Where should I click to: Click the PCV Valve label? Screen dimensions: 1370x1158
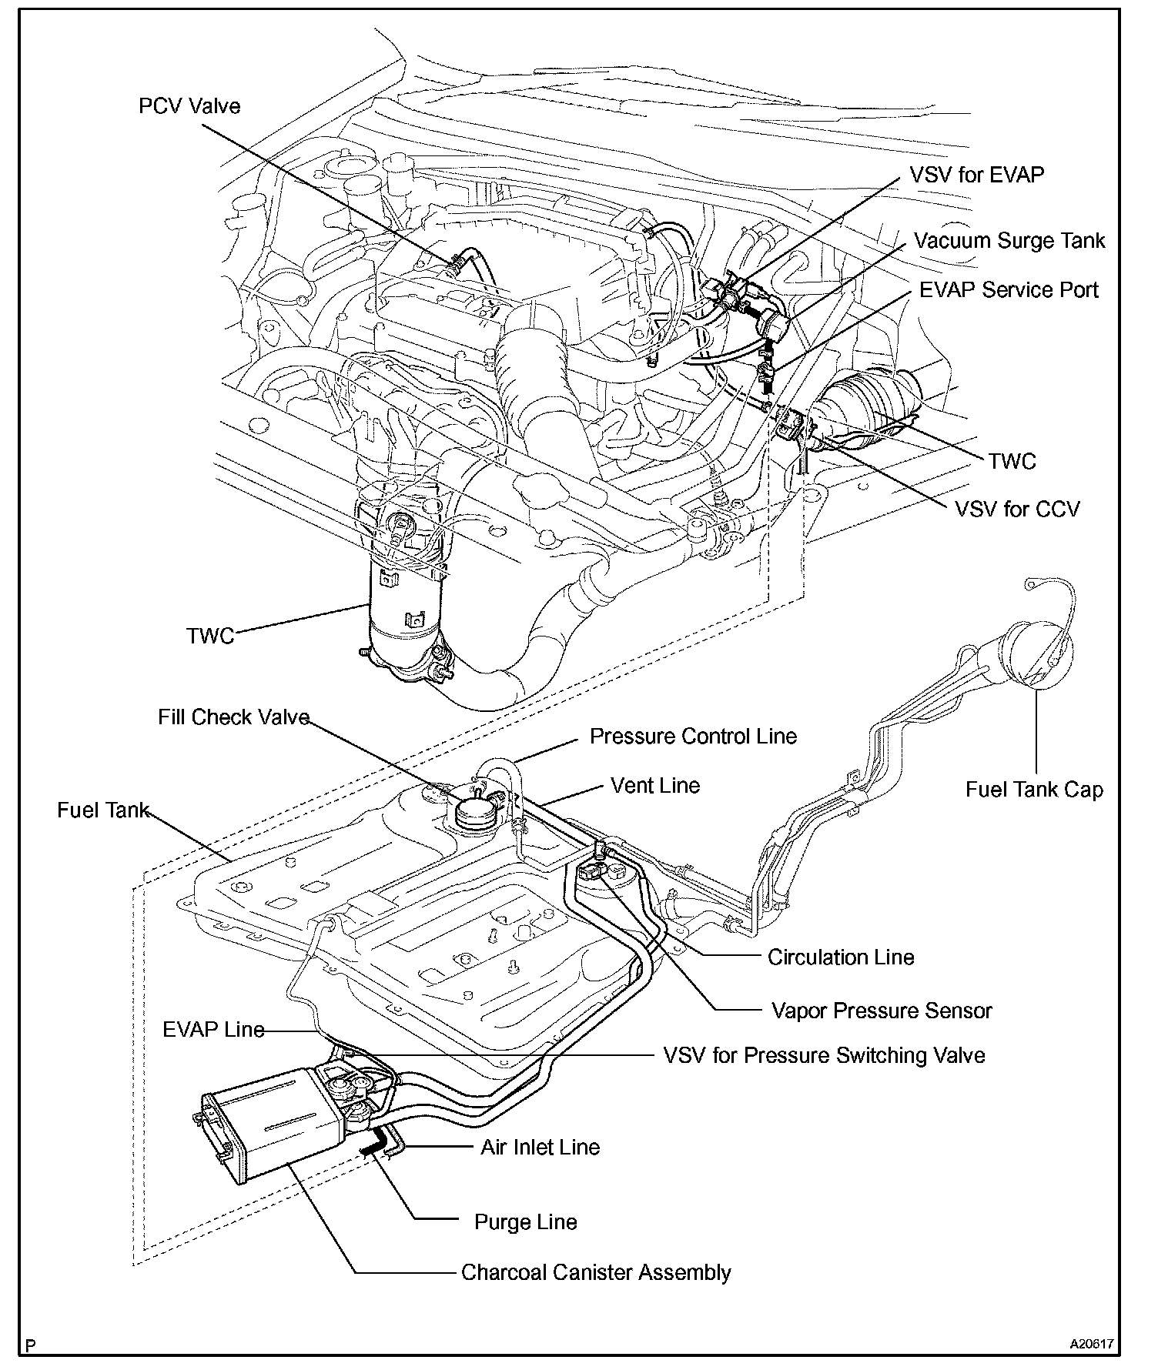tap(189, 106)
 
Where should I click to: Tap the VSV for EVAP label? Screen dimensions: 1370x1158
tap(976, 175)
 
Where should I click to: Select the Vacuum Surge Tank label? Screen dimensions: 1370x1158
tap(1009, 241)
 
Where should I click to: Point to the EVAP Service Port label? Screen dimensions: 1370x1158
tap(1009, 290)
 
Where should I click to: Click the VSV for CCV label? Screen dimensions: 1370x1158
tap(1017, 510)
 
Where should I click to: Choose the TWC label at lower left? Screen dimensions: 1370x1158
tap(209, 637)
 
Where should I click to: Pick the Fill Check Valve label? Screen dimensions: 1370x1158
tap(233, 717)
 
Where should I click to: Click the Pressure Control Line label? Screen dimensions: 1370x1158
tap(693, 737)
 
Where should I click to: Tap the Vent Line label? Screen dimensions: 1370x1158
tap(655, 786)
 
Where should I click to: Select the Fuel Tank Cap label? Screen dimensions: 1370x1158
tap(1034, 790)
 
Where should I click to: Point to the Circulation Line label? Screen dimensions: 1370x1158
tap(841, 957)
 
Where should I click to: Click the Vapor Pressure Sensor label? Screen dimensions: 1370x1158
tap(882, 1011)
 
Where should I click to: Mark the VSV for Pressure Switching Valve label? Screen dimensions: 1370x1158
tap(824, 1055)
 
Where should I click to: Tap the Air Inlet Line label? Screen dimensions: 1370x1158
tap(540, 1148)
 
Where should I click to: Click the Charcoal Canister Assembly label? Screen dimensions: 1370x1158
tap(596, 1272)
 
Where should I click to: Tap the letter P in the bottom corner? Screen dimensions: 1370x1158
tap(31, 1346)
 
